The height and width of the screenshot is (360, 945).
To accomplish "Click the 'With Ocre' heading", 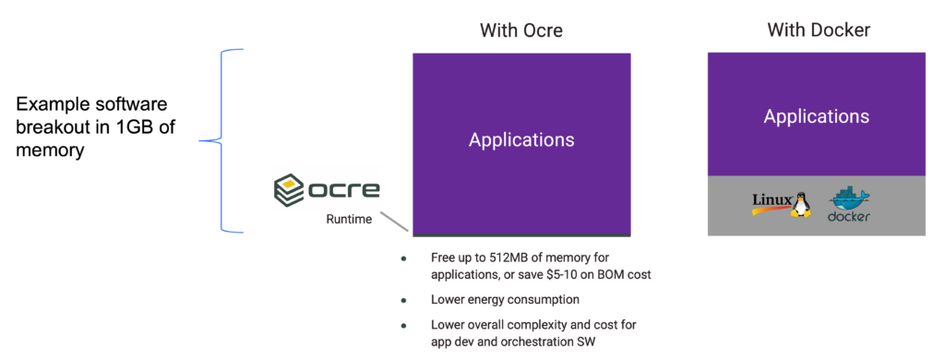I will pyautogui.click(x=520, y=30).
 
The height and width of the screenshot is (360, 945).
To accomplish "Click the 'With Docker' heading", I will pyautogui.click(x=818, y=30).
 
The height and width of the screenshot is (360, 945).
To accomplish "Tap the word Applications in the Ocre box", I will pyautogui.click(x=521, y=140).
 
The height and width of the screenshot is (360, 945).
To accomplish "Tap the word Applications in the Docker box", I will pyautogui.click(x=816, y=116).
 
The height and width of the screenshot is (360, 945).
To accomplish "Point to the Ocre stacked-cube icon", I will pyautogui.click(x=290, y=189).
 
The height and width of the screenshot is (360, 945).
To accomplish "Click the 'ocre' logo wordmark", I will pyautogui.click(x=343, y=190).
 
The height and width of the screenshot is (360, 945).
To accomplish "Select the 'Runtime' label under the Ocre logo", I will pyautogui.click(x=350, y=220).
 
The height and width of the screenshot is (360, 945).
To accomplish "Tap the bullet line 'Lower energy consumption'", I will pyautogui.click(x=505, y=299).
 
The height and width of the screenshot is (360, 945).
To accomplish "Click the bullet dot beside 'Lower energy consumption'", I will pyautogui.click(x=403, y=300).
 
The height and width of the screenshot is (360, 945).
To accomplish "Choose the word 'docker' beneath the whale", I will pyautogui.click(x=849, y=218).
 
